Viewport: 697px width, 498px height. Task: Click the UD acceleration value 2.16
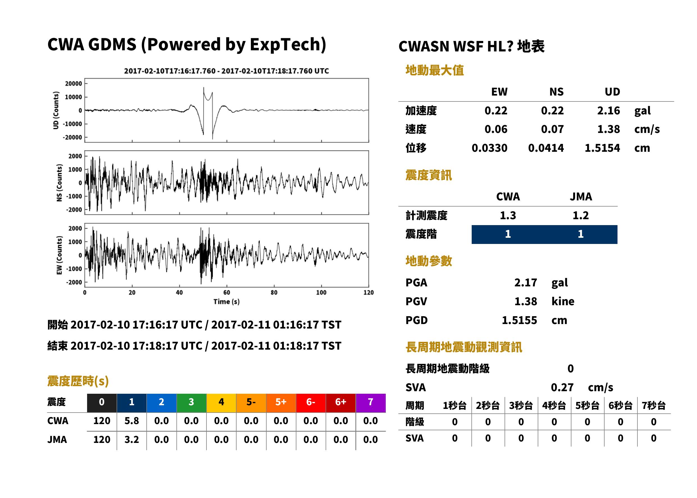pyautogui.click(x=608, y=111)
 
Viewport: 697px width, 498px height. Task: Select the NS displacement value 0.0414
pyautogui.click(x=546, y=148)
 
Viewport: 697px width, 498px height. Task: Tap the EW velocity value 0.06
pyautogui.click(x=496, y=129)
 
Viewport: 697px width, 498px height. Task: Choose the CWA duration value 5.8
pyautogui.click(x=131, y=421)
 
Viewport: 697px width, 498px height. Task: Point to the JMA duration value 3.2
pyautogui.click(x=131, y=440)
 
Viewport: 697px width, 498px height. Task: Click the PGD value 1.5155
pyautogui.click(x=519, y=320)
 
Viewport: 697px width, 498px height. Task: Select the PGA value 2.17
pyautogui.click(x=525, y=283)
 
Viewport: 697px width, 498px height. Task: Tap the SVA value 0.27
pyautogui.click(x=562, y=388)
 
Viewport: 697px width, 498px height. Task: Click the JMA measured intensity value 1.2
pyautogui.click(x=580, y=216)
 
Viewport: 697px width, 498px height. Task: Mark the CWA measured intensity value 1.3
pyautogui.click(x=508, y=216)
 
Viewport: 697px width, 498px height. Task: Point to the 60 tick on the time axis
pyautogui.click(x=226, y=293)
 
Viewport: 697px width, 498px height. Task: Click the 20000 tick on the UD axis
pyautogui.click(x=74, y=84)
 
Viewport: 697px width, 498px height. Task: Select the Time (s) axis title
pyautogui.click(x=226, y=302)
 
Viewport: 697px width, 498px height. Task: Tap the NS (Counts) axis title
pyautogui.click(x=59, y=183)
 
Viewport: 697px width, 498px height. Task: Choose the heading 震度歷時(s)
pyautogui.click(x=78, y=381)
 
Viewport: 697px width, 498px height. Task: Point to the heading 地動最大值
pyautogui.click(x=435, y=70)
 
